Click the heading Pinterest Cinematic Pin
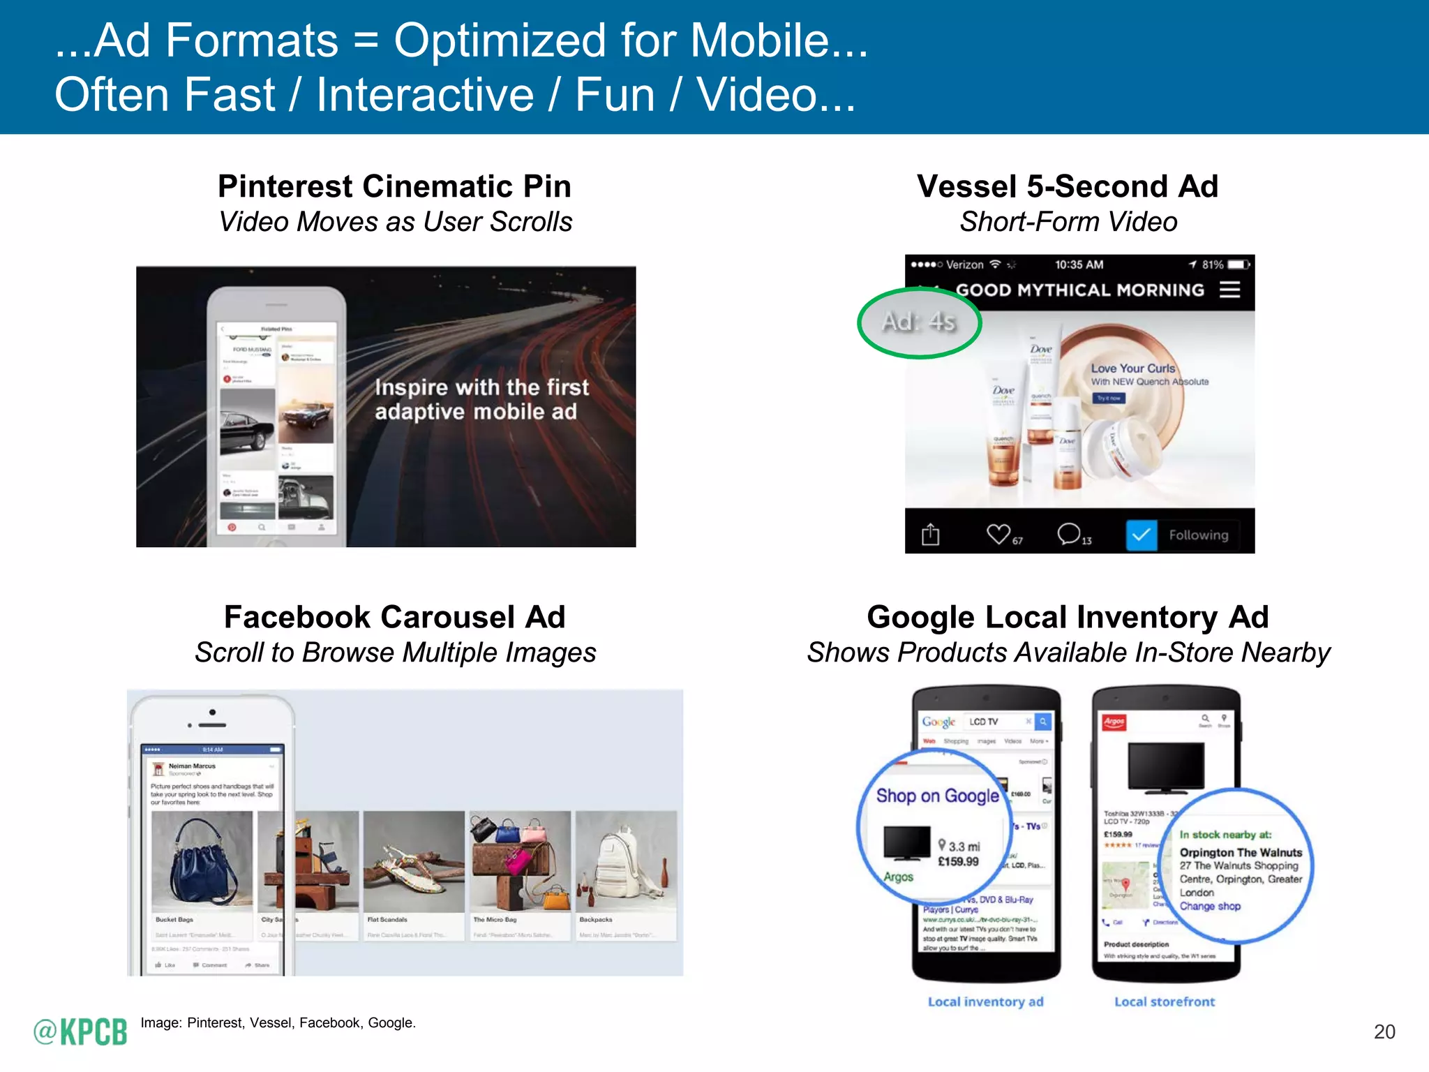[x=394, y=186]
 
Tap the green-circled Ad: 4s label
[x=918, y=322]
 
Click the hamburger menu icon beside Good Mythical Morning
[x=1229, y=290]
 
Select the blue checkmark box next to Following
[x=1142, y=535]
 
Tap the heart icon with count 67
[x=998, y=534]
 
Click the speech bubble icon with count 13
[x=1068, y=534]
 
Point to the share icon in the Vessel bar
[x=930, y=535]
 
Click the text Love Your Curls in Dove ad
[x=1132, y=368]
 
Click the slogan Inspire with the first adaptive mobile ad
[x=481, y=399]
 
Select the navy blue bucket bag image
[x=202, y=862]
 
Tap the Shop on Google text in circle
[x=937, y=796]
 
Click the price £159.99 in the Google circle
[x=958, y=862]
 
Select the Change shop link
[x=1210, y=906]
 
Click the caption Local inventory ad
[x=985, y=1002]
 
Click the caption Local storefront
[x=1164, y=1002]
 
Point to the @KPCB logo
[x=80, y=1032]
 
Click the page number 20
[x=1384, y=1032]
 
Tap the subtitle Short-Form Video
[x=1068, y=222]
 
